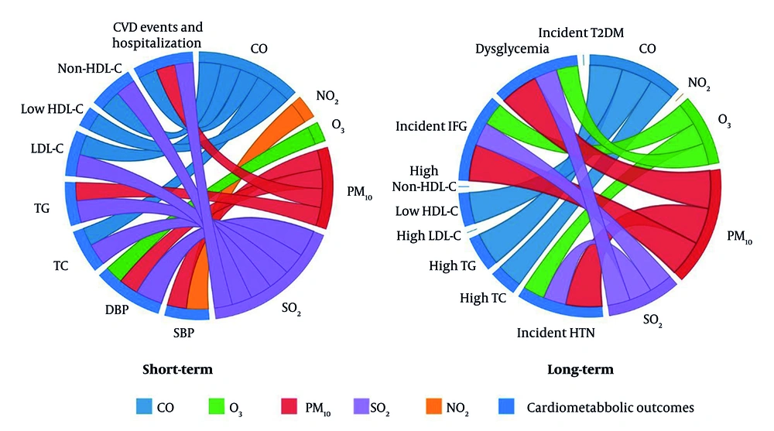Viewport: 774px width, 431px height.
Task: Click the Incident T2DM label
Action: [580, 32]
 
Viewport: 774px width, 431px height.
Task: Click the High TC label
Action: [485, 298]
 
